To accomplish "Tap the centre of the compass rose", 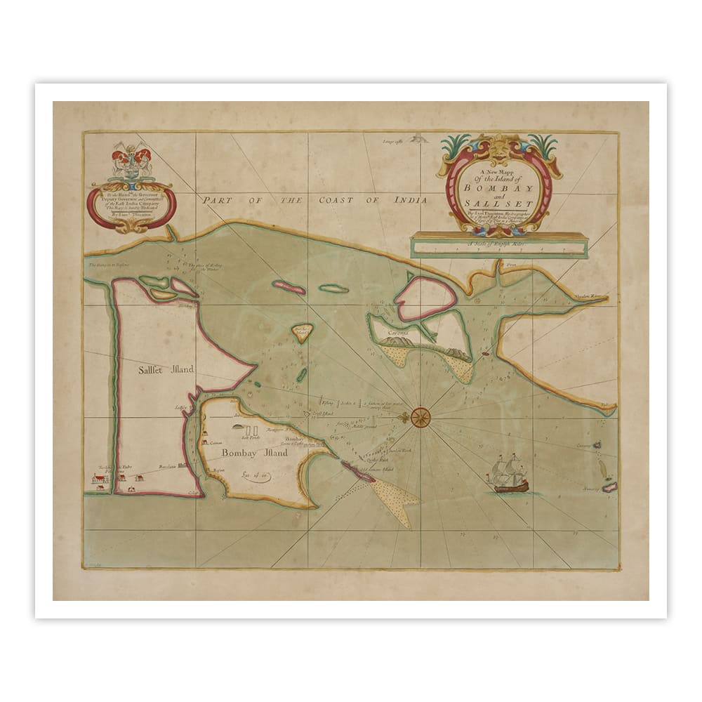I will click(x=422, y=417).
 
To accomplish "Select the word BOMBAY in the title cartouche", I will click(x=498, y=188).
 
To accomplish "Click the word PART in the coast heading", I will click(x=216, y=200).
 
